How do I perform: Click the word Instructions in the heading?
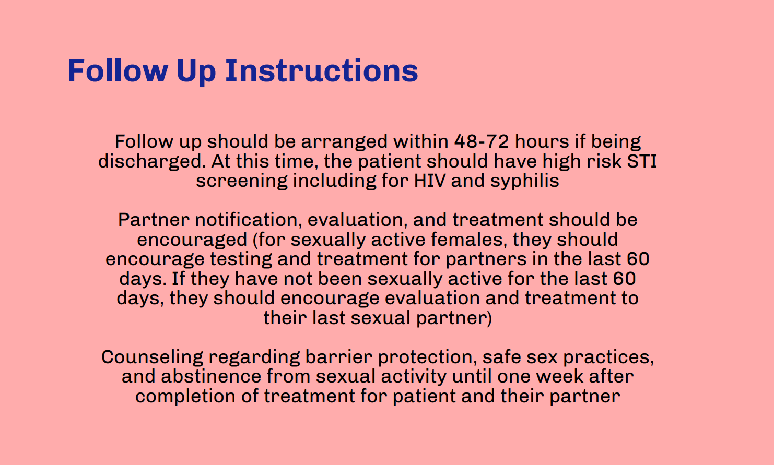pyautogui.click(x=321, y=70)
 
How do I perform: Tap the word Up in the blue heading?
pyautogui.click(x=196, y=70)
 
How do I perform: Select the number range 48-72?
pyautogui.click(x=482, y=141)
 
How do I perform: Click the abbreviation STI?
pyautogui.click(x=642, y=161)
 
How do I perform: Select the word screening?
pyautogui.click(x=242, y=181)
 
